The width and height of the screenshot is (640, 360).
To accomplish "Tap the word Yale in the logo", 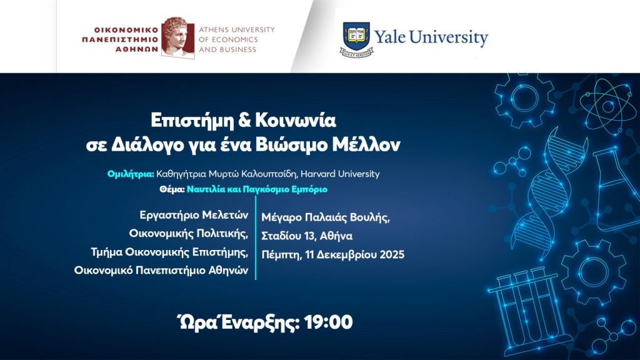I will pos(391,37).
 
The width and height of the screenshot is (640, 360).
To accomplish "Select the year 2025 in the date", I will pos(390,254).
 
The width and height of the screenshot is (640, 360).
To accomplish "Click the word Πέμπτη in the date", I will pos(281,254).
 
